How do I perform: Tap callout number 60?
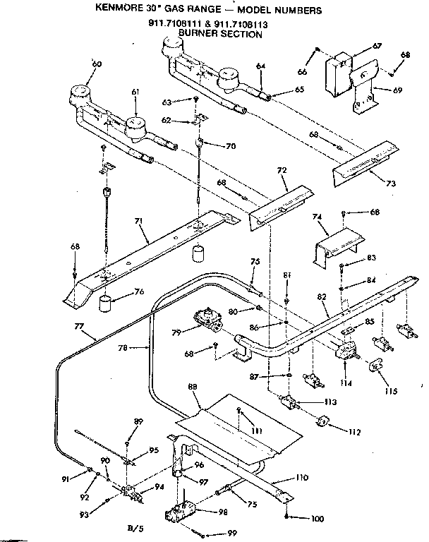pos(97,64)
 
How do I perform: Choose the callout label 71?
pos(140,222)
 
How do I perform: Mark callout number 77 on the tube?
pos(78,326)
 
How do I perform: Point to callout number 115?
pos(392,390)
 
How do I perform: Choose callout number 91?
pos(65,478)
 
